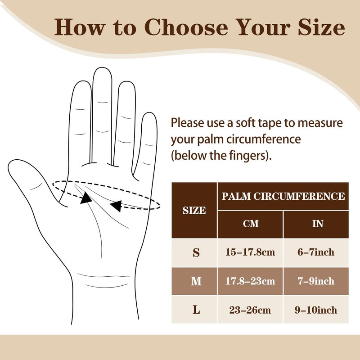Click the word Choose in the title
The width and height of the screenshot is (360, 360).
tap(186, 27)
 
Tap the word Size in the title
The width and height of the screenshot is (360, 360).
tap(321, 27)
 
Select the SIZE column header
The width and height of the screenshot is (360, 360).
tap(194, 210)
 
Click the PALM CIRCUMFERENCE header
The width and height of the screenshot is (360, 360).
tap(283, 196)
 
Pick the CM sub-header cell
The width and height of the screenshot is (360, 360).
tap(250, 224)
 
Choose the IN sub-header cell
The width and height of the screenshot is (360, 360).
tap(316, 224)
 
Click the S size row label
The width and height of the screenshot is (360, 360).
tap(196, 252)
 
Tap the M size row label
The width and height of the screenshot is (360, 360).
tap(196, 281)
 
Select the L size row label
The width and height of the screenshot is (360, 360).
tap(196, 310)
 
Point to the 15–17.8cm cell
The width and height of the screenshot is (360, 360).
tap(250, 252)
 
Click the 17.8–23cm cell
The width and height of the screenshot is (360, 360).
tap(250, 281)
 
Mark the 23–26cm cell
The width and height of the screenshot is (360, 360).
tap(250, 310)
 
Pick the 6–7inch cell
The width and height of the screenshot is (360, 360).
tap(316, 252)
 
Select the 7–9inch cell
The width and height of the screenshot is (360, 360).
tap(316, 281)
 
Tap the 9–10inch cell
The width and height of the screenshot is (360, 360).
tap(316, 310)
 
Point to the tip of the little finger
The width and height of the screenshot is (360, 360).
tap(149, 113)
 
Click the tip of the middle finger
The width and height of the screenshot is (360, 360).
tap(102, 67)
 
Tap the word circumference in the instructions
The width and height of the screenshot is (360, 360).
tap(264, 139)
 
